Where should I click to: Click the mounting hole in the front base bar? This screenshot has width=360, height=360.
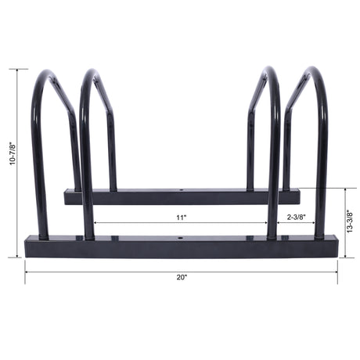click(181, 240)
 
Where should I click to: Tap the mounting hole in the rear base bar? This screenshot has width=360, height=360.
click(181, 189)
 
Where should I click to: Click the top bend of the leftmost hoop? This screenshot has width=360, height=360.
click(46, 74)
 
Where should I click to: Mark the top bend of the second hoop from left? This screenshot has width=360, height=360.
click(91, 74)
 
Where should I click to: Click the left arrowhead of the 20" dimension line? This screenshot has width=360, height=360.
click(27, 271)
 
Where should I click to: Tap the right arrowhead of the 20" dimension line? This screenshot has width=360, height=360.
click(337, 271)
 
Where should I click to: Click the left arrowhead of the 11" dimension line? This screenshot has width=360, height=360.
click(95, 222)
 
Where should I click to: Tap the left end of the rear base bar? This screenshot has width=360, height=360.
click(66, 196)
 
